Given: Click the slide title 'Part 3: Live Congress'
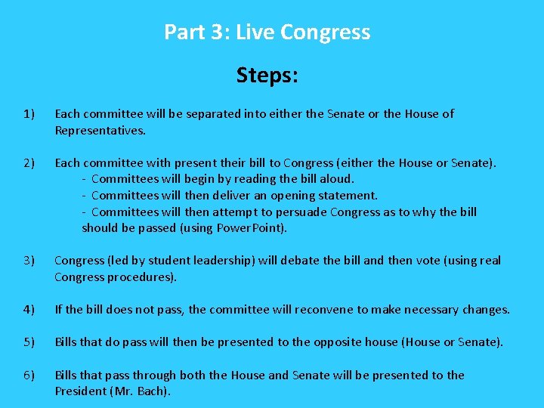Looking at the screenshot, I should (x=267, y=32).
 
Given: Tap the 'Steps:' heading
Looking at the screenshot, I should (x=267, y=76).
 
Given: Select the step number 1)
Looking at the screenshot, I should (x=29, y=114).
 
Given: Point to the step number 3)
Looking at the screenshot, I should (x=29, y=261).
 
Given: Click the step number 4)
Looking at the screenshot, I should (x=29, y=309).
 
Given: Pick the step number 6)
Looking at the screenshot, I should (x=29, y=376).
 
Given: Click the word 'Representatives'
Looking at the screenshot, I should (x=98, y=131).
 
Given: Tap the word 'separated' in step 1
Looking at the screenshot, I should (x=214, y=114).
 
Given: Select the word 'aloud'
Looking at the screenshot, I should (x=336, y=179).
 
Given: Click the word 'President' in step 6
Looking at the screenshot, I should (x=81, y=391).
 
